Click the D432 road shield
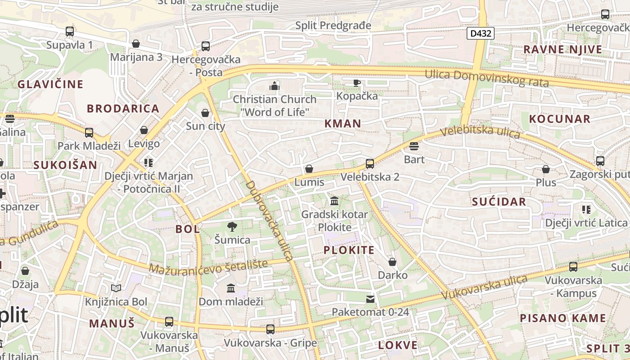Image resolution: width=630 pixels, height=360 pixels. point(481,33)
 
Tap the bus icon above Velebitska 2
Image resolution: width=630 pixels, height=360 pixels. point(370,164)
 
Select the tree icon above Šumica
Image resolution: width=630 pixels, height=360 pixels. point(232,227)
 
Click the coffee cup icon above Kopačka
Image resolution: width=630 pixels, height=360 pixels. point(357,83)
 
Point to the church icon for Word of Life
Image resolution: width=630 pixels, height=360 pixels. point(274,86)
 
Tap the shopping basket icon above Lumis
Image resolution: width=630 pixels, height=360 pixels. point(309,169)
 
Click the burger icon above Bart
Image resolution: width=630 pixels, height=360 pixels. point(414,146)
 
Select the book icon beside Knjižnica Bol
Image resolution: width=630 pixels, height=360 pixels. point(116,288)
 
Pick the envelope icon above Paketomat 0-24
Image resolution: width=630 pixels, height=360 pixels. point(370,299)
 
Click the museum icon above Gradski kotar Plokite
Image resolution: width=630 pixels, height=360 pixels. point(334,201)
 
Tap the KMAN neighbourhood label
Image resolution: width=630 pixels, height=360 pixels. point(343,124)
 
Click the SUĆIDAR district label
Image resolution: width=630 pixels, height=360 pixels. point(499,202)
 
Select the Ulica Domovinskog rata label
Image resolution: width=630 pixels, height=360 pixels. point(487,78)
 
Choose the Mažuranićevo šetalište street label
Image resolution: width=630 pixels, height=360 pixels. point(208,266)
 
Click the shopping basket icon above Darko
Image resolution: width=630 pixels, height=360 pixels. point(392,262)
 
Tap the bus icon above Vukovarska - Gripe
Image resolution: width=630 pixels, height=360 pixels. point(270,329)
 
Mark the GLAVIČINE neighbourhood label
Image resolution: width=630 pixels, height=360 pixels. point(50,84)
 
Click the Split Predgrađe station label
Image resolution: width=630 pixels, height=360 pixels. point(333,25)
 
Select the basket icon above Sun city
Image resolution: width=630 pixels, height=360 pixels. point(206,113)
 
